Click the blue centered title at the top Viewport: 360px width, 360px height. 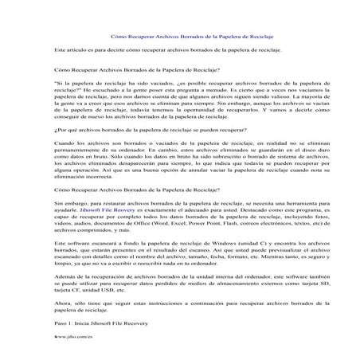click(x=179, y=36)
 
